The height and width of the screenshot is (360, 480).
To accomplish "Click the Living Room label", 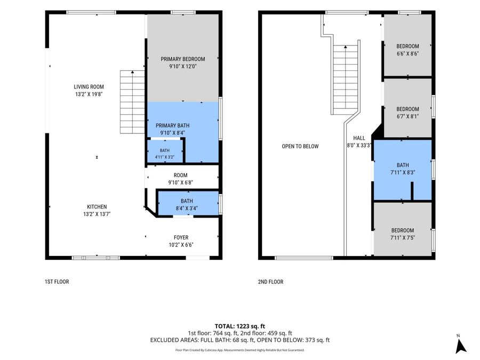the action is point(89,86).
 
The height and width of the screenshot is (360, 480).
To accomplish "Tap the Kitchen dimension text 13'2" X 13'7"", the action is point(97,214).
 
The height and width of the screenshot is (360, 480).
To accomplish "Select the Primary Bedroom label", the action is point(183,59).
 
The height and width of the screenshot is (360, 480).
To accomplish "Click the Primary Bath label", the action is point(172,125).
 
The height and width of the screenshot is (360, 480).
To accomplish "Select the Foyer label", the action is point(181,237).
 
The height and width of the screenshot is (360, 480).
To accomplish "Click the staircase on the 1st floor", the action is point(132,102).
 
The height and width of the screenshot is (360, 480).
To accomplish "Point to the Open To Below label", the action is point(300,146).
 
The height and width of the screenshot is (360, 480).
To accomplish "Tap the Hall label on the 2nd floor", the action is point(359,138).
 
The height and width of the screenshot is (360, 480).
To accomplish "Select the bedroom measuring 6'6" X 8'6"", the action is point(407,45).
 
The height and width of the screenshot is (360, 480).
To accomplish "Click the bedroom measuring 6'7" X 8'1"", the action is point(407,108).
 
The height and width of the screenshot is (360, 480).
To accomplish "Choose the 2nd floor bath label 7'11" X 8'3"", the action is point(403,169).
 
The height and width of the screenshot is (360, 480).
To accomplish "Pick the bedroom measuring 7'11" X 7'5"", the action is point(403,229).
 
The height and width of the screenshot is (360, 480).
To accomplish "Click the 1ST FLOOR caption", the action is point(57,281).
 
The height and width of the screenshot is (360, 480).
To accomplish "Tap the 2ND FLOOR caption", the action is point(270,281).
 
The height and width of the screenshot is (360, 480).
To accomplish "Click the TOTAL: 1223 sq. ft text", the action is point(239,326).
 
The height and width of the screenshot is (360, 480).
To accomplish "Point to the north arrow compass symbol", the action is point(460,345).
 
